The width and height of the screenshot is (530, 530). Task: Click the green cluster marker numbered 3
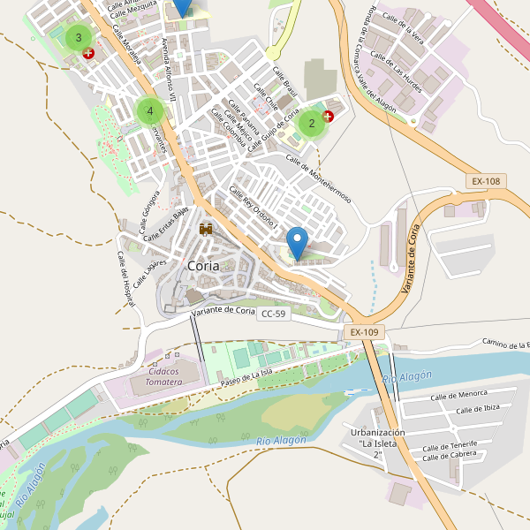(x=79, y=37)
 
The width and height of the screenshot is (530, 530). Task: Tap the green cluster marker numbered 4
(x=150, y=111)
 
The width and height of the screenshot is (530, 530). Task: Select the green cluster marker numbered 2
(x=311, y=124)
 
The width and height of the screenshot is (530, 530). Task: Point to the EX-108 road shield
(x=486, y=182)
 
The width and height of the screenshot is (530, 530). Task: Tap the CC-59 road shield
(x=274, y=314)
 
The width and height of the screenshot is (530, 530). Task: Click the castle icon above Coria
(x=207, y=230)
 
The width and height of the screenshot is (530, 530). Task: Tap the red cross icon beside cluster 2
(x=329, y=116)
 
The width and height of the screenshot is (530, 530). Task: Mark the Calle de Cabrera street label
(x=450, y=455)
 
